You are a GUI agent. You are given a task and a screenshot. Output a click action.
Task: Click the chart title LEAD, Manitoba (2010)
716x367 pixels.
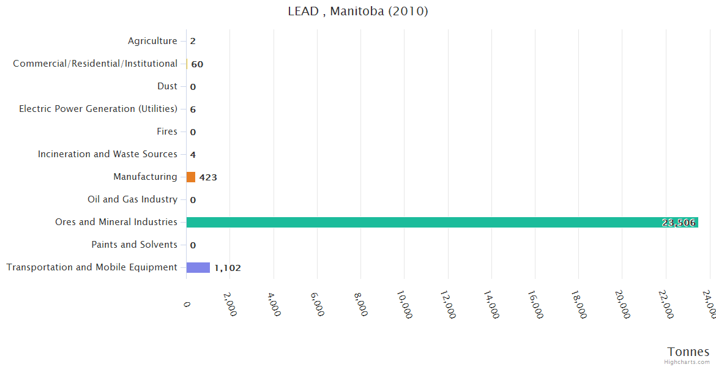tap(358, 12)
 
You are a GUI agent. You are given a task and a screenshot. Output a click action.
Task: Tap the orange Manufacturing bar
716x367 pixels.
tap(191, 177)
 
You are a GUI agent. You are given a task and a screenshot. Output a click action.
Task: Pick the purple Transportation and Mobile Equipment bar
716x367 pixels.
tap(198, 267)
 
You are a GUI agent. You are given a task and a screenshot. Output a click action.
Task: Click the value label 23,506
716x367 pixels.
tap(679, 223)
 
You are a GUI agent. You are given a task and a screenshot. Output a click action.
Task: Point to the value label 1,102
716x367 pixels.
tap(228, 268)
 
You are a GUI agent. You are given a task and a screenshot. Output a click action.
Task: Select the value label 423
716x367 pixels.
tap(208, 177)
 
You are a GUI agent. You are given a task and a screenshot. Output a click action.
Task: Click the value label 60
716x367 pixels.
tap(197, 64)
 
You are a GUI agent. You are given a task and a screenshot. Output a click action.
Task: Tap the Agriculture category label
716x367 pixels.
tap(152, 41)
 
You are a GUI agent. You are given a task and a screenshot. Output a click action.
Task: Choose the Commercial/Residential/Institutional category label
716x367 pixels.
tap(95, 64)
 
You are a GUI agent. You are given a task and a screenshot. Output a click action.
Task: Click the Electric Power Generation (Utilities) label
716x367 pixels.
tap(98, 109)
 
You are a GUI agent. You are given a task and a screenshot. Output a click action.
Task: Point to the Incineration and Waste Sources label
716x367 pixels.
tap(108, 154)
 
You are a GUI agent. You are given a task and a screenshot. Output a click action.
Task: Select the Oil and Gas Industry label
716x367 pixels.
tap(132, 199)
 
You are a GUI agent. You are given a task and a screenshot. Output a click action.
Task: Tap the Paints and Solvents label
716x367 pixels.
tap(134, 245)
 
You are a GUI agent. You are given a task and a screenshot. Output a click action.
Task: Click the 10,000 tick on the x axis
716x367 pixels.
tap(403, 305)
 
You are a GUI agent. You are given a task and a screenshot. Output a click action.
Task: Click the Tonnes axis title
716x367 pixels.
tap(688, 352)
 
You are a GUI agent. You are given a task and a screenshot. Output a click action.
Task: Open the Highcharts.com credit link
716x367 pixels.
tap(687, 362)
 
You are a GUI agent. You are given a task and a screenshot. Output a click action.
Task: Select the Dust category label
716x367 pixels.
tap(167, 86)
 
